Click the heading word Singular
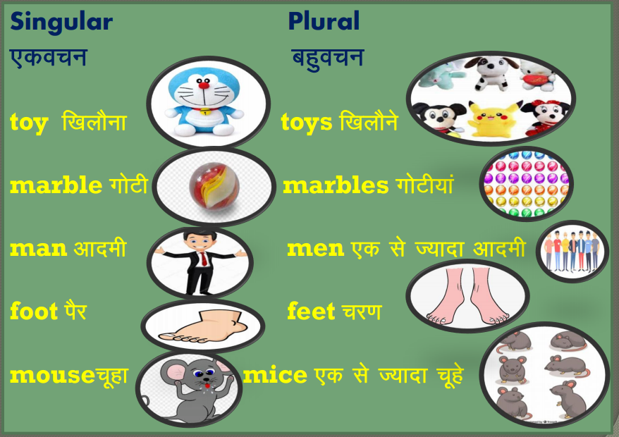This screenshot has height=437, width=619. (61, 23)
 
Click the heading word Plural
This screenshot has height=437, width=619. (324, 21)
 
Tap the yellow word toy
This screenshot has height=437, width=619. (29, 123)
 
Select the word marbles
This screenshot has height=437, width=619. (336, 185)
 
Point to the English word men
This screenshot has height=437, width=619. (315, 249)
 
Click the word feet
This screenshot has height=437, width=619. (311, 311)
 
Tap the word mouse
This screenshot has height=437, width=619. (52, 375)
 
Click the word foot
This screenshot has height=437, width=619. (34, 311)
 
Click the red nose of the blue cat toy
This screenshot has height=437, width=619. (204, 85)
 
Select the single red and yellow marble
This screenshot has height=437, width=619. (214, 185)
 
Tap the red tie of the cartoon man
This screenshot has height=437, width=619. (204, 259)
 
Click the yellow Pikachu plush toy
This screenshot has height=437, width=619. (492, 118)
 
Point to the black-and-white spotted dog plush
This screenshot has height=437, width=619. (491, 73)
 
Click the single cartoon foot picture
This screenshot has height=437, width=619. (203, 326)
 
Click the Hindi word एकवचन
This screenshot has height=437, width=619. (48, 58)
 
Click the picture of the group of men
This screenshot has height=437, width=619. (572, 252)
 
